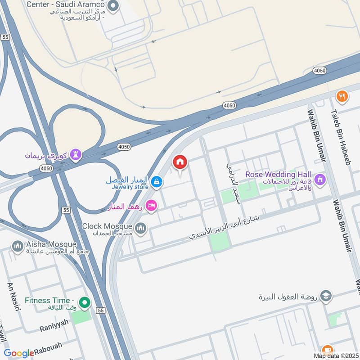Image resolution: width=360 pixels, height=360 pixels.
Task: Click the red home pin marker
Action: (180, 162)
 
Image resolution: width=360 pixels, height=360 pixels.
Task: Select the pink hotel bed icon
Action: (152, 206)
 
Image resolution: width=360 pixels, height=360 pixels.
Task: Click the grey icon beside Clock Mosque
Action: (141, 228)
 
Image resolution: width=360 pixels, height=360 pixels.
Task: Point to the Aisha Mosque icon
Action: (18, 246)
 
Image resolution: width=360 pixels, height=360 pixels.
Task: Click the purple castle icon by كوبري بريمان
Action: (76, 155)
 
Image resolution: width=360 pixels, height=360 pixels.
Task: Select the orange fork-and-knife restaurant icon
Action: (342, 96)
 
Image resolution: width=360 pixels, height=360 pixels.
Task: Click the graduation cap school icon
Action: (326, 296)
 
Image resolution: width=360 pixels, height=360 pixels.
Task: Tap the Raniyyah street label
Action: (54, 322)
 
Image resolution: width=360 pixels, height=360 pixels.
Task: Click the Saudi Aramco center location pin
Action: (113, 6)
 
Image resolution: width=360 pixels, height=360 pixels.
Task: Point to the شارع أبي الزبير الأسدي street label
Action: (225, 225)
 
